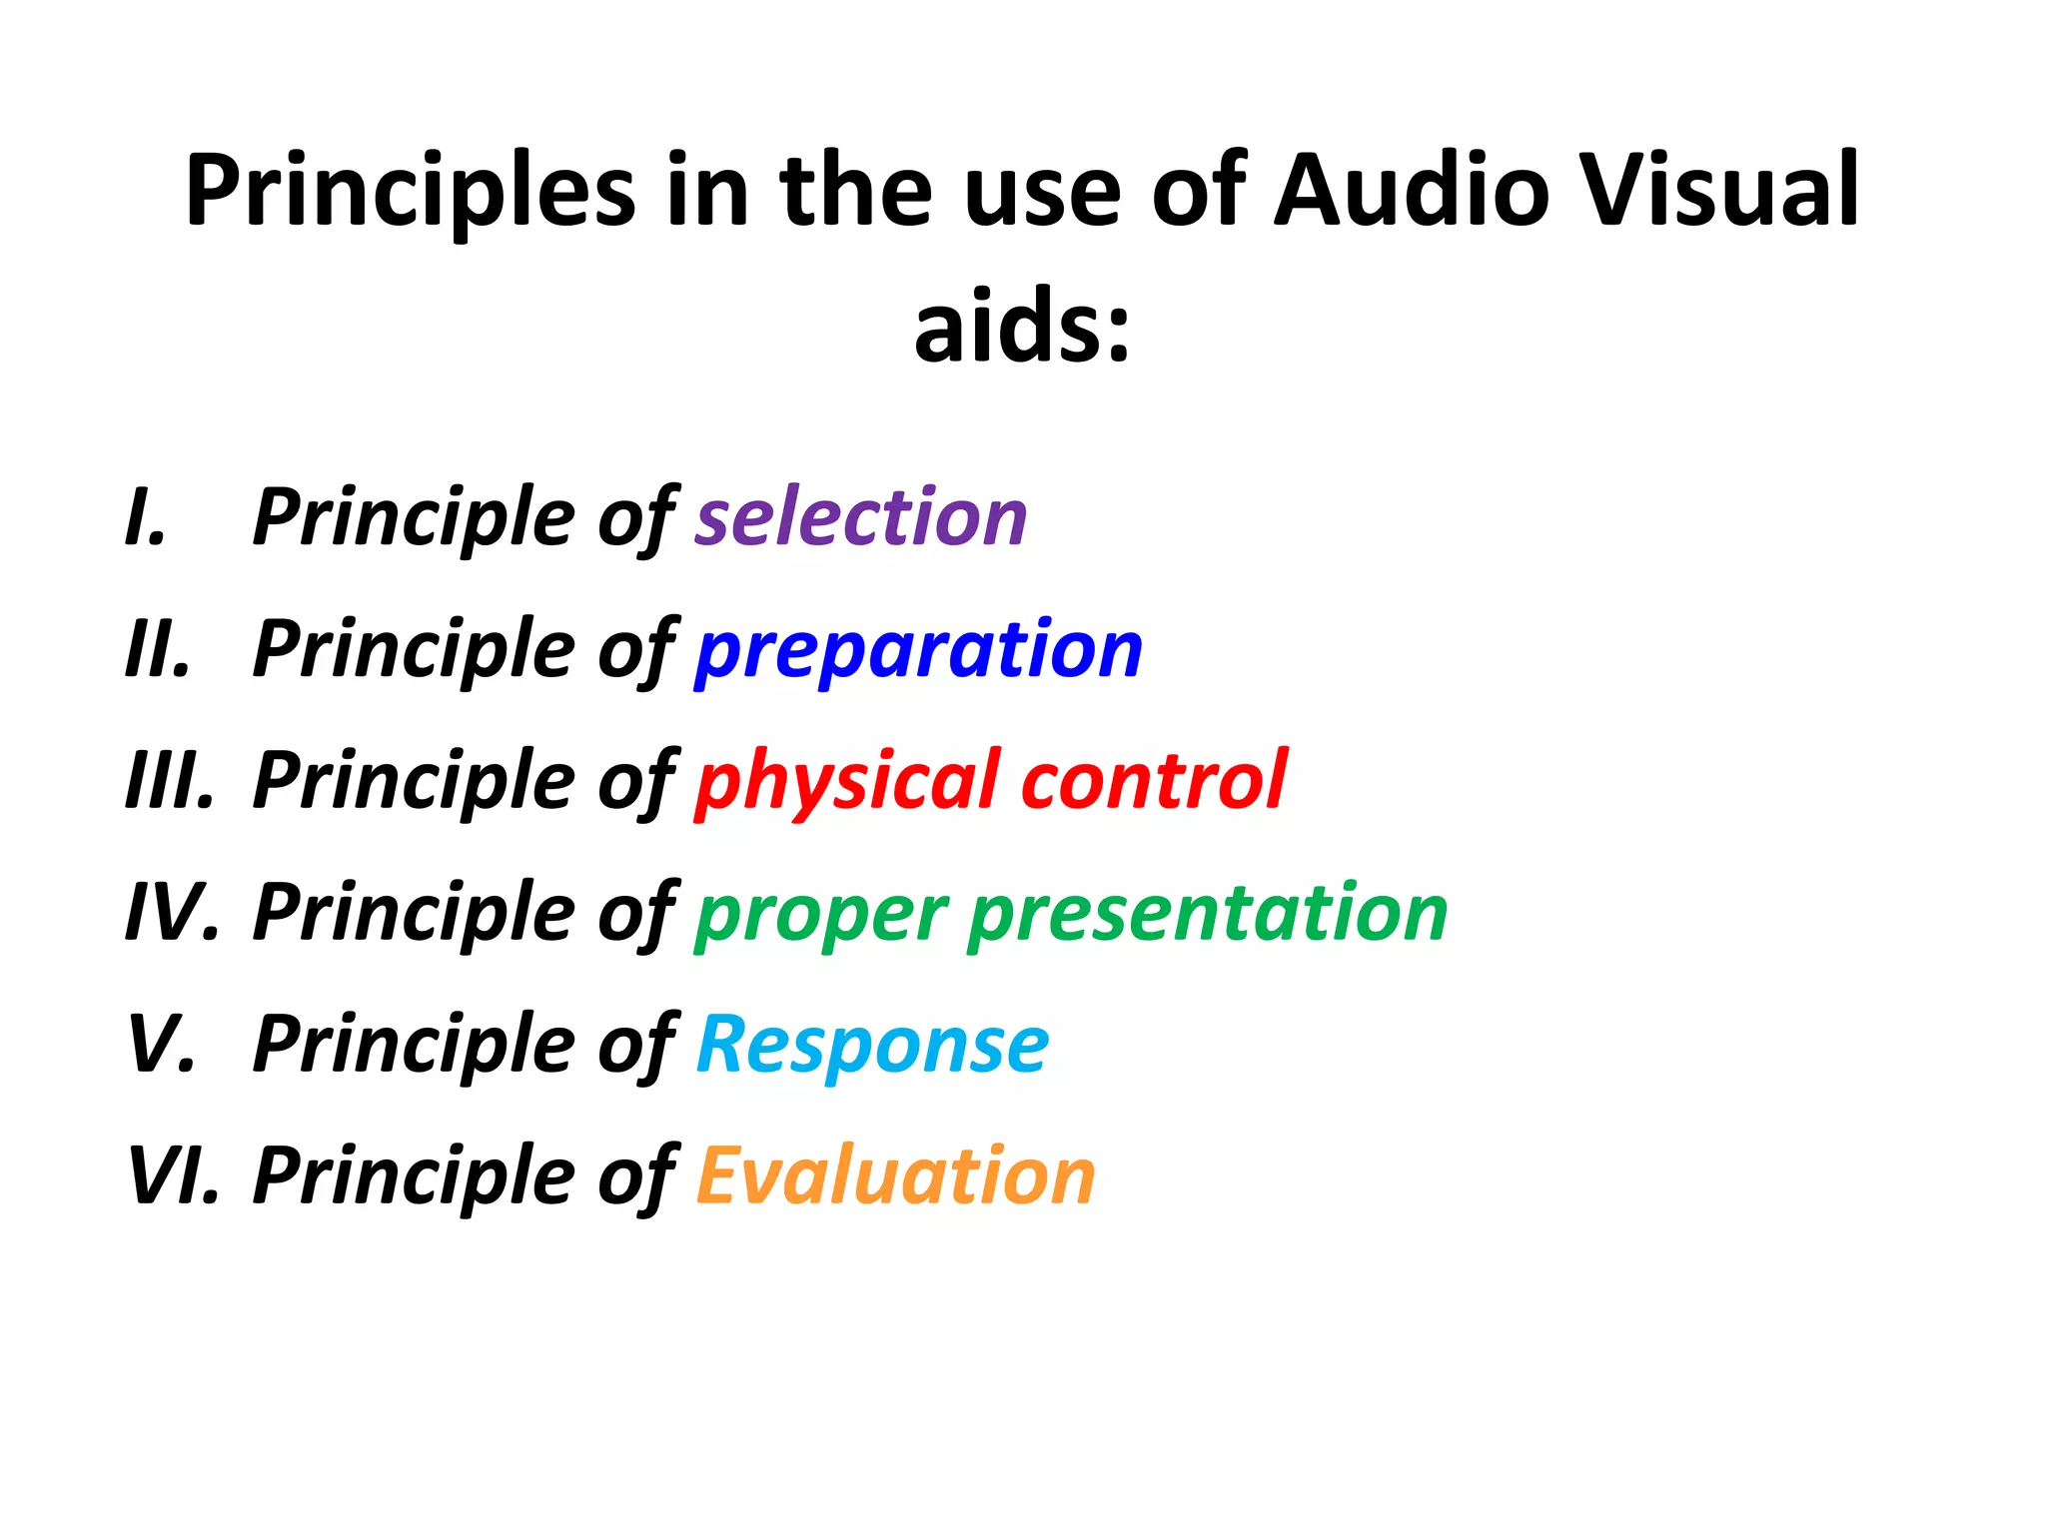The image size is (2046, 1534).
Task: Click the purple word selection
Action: (x=860, y=517)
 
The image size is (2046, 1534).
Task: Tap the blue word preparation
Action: (x=918, y=650)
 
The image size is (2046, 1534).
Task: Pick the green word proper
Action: (x=821, y=914)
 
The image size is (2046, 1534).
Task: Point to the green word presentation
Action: (x=1208, y=912)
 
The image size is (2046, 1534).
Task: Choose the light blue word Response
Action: (x=872, y=1045)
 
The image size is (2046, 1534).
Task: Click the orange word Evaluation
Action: (x=895, y=1175)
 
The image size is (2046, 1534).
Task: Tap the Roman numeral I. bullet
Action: (x=146, y=517)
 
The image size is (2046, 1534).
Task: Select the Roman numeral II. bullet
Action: (x=158, y=649)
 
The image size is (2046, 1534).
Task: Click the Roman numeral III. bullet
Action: (x=170, y=781)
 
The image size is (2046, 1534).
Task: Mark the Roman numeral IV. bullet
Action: (x=172, y=913)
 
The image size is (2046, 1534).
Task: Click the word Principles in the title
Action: (x=410, y=192)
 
